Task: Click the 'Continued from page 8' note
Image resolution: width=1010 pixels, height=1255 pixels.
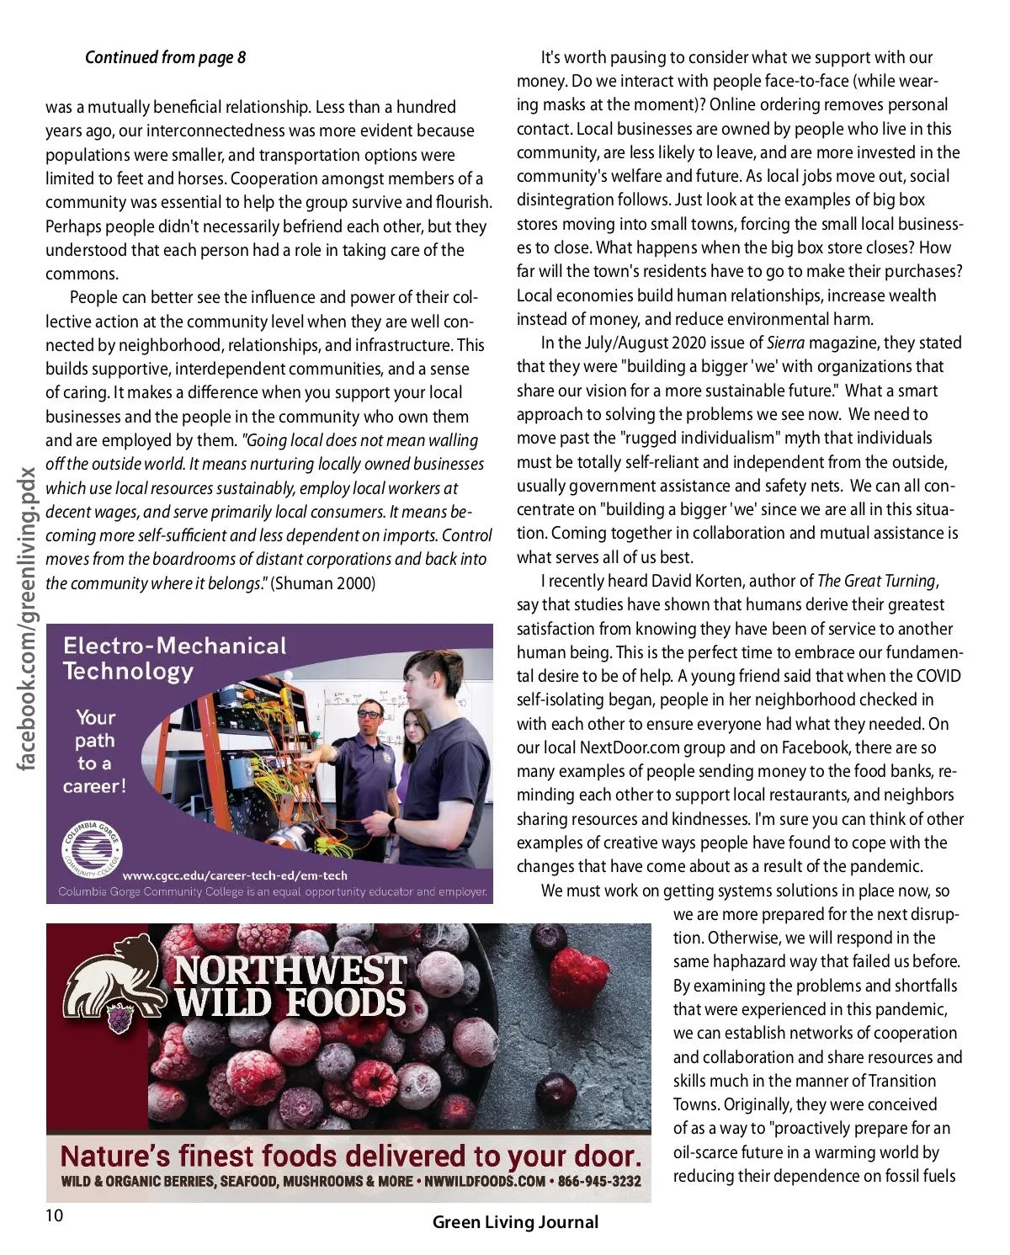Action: pos(165,57)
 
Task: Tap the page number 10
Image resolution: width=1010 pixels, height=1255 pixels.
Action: pos(54,1215)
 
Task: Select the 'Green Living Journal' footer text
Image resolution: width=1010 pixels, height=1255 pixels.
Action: pos(515,1222)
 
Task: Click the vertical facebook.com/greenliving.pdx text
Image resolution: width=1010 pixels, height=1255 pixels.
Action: pos(27,619)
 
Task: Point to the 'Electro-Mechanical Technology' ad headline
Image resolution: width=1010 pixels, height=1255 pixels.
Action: pos(174,658)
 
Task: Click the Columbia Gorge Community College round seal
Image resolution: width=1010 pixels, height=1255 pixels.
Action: pos(93,849)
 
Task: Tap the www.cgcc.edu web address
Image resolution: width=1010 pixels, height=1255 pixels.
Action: pos(235,875)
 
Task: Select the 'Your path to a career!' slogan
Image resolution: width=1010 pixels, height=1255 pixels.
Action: pos(94,752)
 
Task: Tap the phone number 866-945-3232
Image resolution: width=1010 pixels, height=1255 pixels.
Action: pos(599,1182)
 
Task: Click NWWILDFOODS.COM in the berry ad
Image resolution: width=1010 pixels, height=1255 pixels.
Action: pos(485,1182)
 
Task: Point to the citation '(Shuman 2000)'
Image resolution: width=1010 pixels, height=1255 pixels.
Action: pos(323,583)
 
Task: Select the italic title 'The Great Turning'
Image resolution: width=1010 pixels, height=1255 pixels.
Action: pos(876,581)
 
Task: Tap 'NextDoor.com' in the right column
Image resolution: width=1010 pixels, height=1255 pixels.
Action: pos(628,747)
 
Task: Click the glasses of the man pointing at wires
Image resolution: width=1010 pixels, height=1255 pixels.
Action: pos(369,714)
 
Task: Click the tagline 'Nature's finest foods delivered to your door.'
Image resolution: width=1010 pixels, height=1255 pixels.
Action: pos(350,1155)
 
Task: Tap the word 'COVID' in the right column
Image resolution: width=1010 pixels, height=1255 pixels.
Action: pos(938,676)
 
